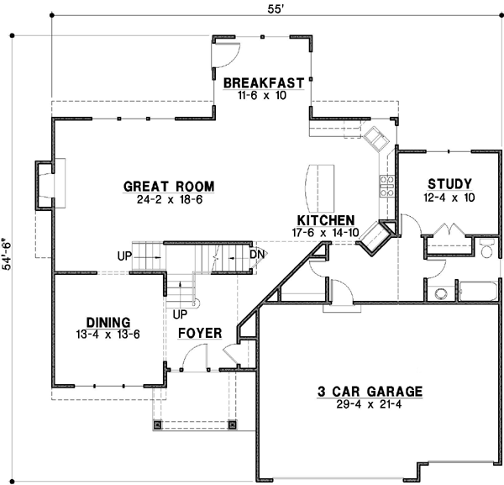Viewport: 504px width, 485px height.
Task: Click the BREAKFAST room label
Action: point(263,82)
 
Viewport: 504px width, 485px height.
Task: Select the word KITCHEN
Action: point(323,219)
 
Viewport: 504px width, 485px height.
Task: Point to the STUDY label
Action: point(449,184)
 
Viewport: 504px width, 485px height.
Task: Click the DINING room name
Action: point(108,322)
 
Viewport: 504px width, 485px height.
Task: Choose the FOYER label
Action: point(200,334)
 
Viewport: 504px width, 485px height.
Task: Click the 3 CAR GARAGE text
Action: point(370,391)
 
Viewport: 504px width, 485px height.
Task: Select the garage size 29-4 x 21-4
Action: point(370,404)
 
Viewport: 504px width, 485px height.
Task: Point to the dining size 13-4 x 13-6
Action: point(108,335)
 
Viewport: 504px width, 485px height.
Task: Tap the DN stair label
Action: point(257,253)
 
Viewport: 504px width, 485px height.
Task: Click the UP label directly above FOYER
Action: point(179,314)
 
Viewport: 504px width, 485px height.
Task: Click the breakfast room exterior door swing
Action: point(227,54)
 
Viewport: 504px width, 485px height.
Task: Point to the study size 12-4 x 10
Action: point(449,198)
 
